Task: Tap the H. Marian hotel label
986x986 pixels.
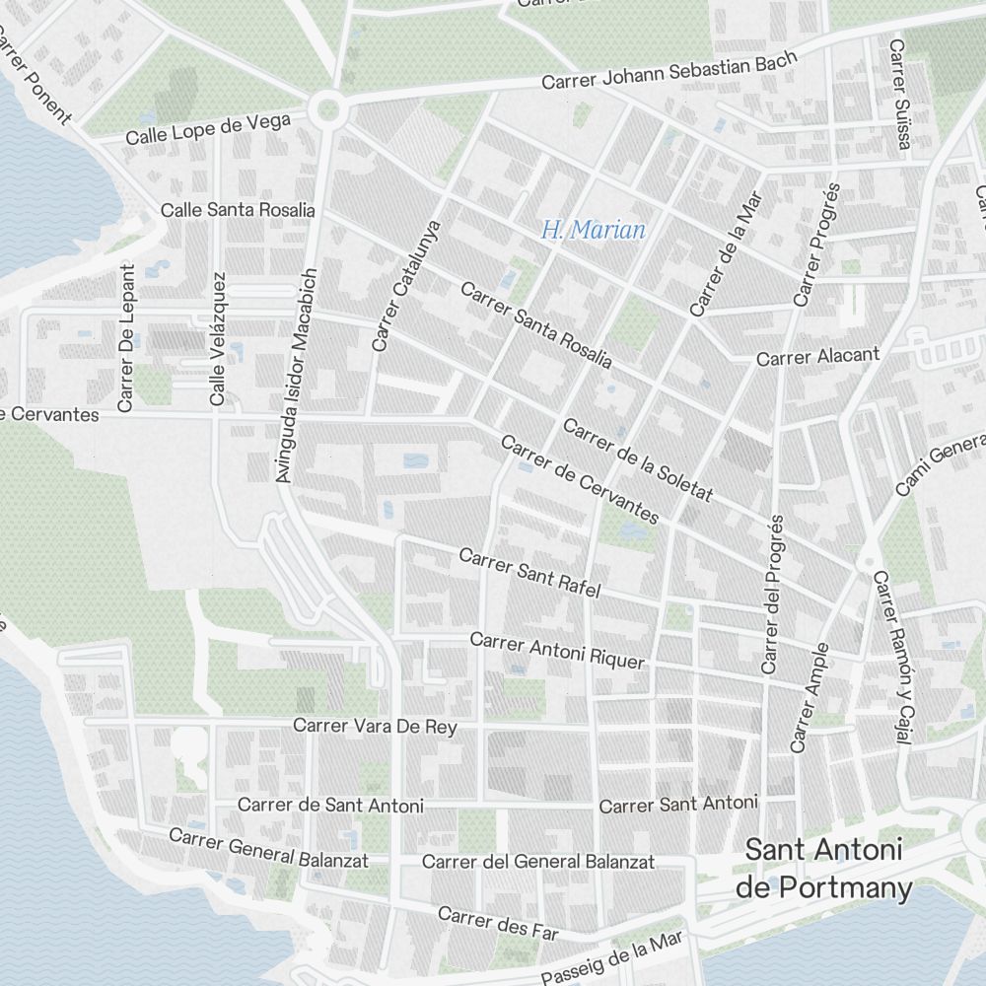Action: tap(594, 231)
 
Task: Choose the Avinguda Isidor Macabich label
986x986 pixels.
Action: tap(297, 375)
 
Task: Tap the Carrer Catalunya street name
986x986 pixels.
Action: tap(405, 285)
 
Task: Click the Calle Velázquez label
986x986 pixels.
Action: tap(218, 339)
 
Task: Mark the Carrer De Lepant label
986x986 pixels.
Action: tap(125, 337)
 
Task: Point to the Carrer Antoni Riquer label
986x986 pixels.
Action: tap(557, 651)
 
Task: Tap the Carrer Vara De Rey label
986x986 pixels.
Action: tap(375, 727)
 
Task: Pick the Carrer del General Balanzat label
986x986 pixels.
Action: tap(538, 861)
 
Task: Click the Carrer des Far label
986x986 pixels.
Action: tap(498, 924)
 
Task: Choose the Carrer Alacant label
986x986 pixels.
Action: tap(817, 357)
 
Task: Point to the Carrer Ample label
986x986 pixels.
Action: tap(810, 698)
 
